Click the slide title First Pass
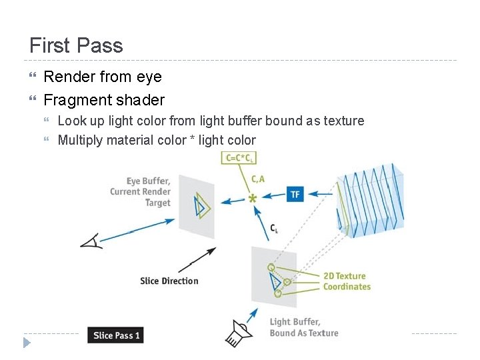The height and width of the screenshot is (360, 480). [x=76, y=45]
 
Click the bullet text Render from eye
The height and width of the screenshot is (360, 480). [x=103, y=77]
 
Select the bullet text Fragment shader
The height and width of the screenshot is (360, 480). [x=104, y=100]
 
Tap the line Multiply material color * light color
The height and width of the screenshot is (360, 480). [x=157, y=140]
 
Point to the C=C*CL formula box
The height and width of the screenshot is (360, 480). [x=240, y=158]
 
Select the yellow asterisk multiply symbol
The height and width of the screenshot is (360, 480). [x=253, y=199]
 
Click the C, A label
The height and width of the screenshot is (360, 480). [x=258, y=179]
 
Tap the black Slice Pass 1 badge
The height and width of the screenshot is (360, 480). [x=115, y=335]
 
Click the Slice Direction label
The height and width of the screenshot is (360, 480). [x=169, y=281]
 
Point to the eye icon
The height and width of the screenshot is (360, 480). [x=92, y=240]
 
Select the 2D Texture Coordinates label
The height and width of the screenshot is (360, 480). [x=347, y=281]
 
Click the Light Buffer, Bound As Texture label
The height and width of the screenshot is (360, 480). [x=303, y=327]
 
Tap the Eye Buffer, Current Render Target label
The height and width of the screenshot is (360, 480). [x=141, y=192]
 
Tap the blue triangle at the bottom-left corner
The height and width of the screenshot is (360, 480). [x=27, y=343]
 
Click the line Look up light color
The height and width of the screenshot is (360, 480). [x=211, y=121]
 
